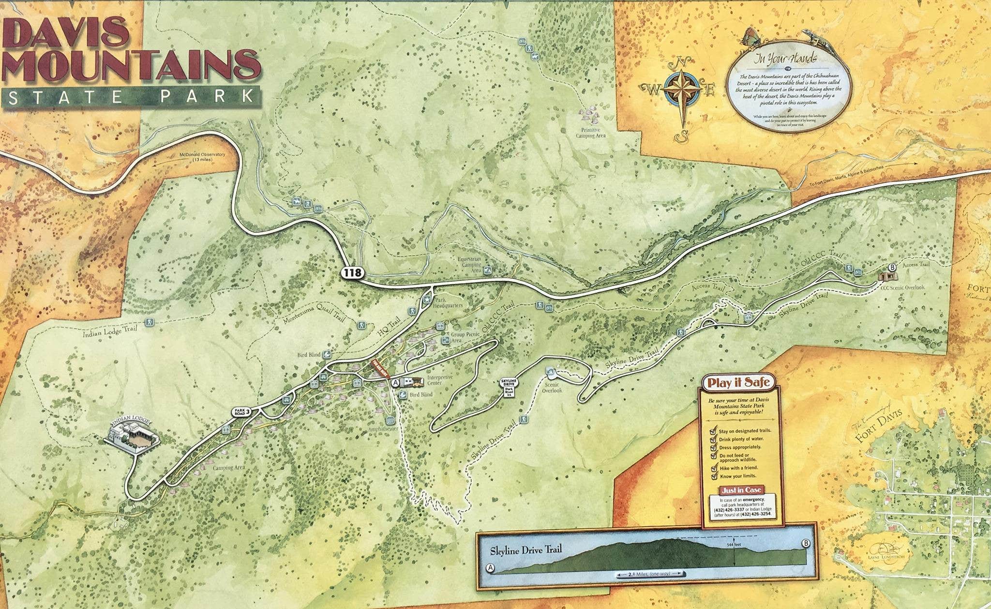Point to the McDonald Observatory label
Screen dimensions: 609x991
click(202, 156)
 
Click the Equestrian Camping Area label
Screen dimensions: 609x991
click(469, 265)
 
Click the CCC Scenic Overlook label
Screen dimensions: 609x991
click(902, 287)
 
